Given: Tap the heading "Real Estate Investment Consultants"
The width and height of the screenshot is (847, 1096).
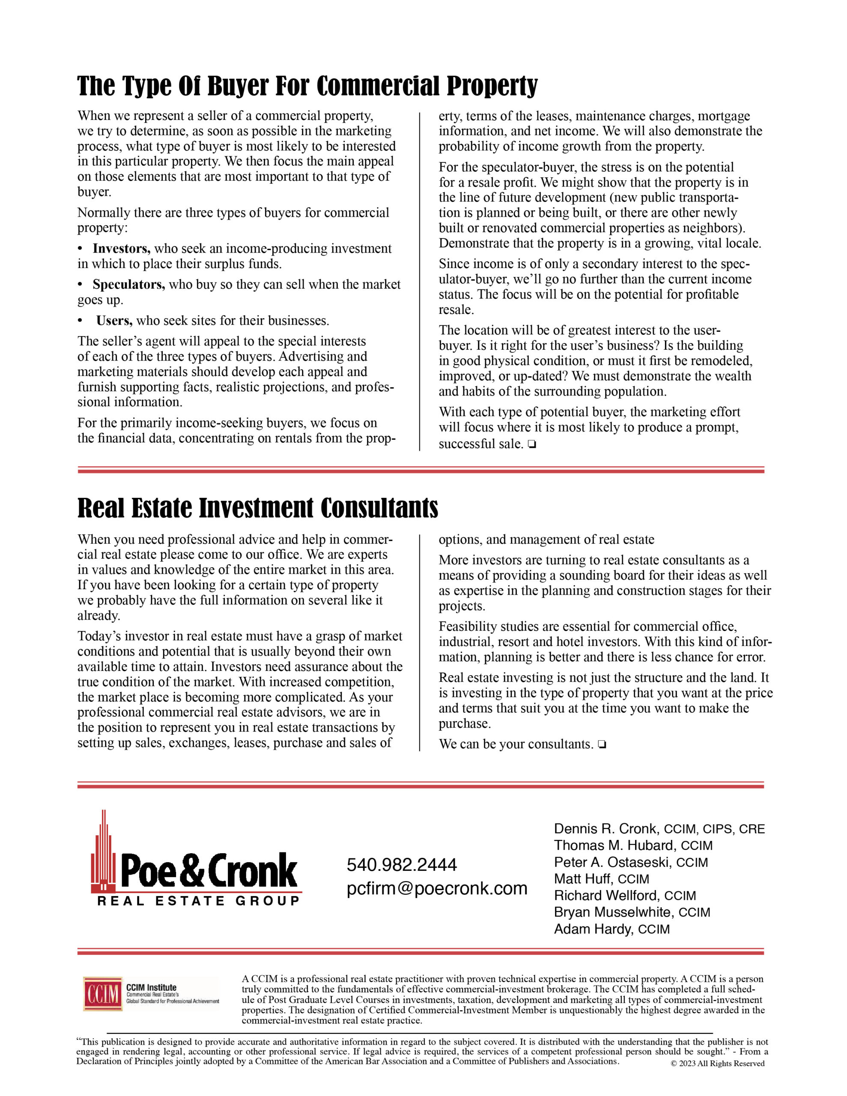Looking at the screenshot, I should coord(257,508).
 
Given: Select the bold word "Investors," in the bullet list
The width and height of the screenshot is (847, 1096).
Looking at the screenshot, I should coord(122,249).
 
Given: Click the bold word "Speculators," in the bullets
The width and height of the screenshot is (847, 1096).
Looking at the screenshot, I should coord(128,285).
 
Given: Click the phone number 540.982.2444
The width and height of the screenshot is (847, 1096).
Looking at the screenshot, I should coord(402,865).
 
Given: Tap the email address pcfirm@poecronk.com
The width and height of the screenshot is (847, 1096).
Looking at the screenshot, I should coord(437,888).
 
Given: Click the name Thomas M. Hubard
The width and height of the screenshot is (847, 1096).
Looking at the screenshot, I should coord(615,846).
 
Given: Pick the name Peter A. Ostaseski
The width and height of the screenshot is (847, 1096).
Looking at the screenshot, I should coord(613,862).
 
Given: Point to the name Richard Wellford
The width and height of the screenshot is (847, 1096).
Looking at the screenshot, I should coord(606,895).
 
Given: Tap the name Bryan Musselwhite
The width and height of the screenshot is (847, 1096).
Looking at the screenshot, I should coord(614,912).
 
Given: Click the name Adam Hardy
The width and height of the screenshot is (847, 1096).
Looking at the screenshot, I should coord(593,929).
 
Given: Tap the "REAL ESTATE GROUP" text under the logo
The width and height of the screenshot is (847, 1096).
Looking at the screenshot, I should coord(198,901).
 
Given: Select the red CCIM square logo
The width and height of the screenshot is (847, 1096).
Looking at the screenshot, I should coord(103,994).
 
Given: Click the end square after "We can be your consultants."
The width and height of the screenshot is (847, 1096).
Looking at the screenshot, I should coord(602,745).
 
